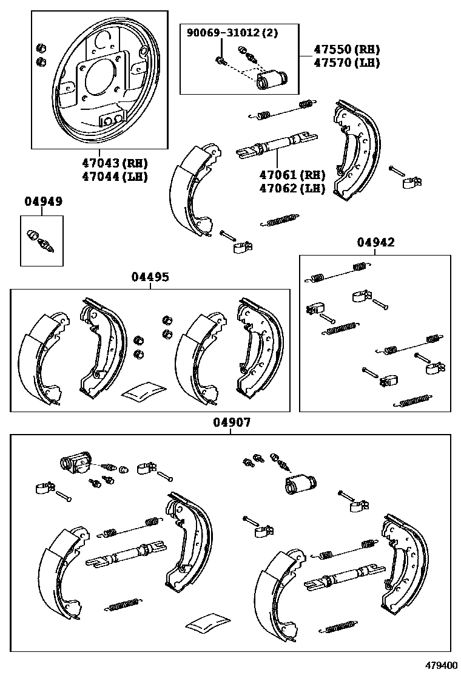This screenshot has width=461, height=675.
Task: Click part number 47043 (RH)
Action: click(x=115, y=163)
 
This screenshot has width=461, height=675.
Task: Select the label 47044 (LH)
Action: click(x=115, y=177)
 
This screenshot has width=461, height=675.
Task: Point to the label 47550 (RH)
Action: click(x=346, y=49)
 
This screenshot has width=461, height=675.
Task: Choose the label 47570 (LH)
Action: click(x=346, y=62)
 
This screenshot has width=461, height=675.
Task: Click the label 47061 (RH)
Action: click(x=292, y=175)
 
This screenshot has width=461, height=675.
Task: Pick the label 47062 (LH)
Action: click(x=292, y=188)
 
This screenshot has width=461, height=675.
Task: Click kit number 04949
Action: click(x=43, y=201)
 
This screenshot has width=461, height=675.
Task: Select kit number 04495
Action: click(x=150, y=277)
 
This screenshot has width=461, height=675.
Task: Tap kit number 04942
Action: click(x=375, y=242)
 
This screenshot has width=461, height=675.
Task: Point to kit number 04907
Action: click(x=231, y=422)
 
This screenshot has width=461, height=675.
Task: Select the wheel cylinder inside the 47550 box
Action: click(x=272, y=80)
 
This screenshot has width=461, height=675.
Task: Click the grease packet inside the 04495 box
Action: click(x=144, y=392)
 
